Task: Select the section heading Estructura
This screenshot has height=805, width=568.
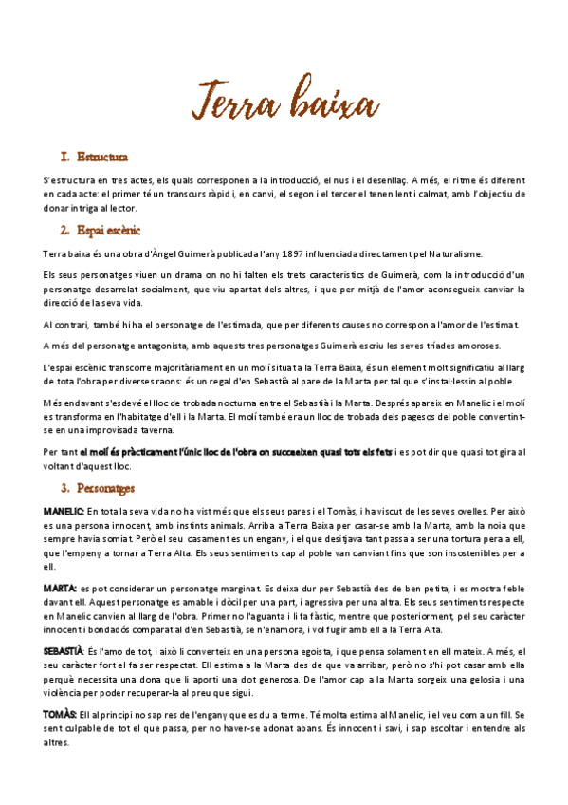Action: point(104,156)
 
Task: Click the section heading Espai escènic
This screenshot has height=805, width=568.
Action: point(109,230)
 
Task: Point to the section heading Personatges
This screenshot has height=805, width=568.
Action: point(106,488)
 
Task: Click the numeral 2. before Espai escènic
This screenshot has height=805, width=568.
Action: point(65,230)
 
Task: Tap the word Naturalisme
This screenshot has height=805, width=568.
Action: point(450,253)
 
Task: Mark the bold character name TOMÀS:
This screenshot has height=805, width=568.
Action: point(60,713)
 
